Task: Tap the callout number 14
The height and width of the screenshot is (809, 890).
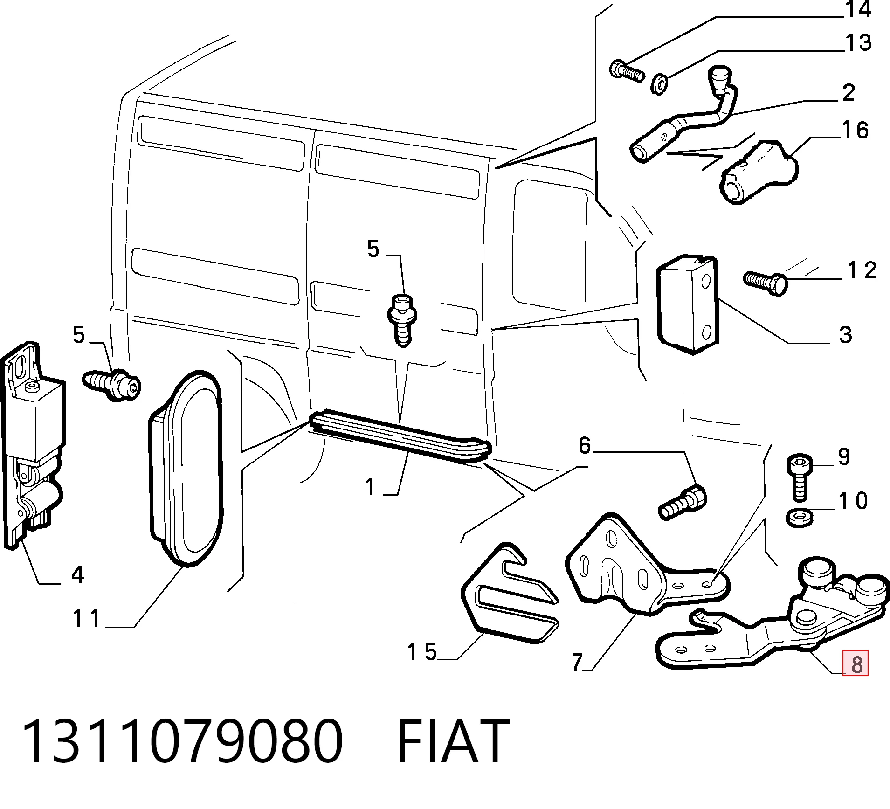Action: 858,9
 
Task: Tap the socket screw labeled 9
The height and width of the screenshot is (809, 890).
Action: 800,477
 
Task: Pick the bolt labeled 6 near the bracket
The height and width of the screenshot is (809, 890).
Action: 683,502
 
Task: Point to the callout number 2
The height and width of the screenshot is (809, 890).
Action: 849,93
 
